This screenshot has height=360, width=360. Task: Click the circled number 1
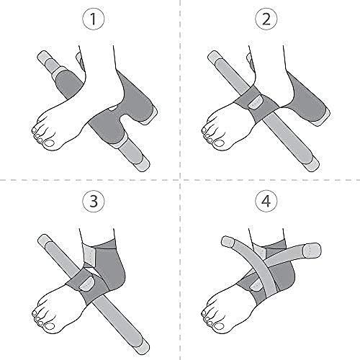(91, 22)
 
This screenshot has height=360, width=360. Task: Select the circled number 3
(91, 203)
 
